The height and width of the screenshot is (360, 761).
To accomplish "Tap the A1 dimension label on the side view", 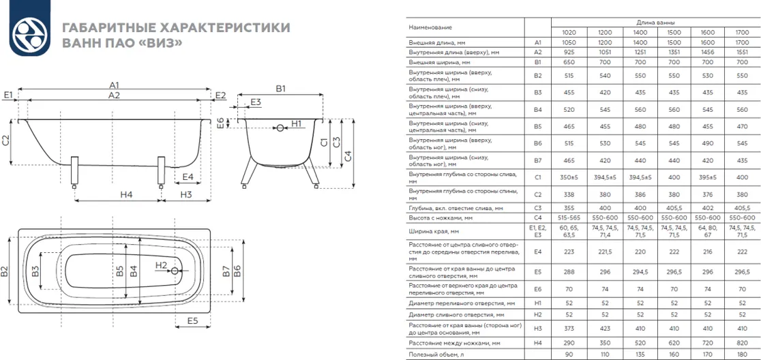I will click(x=114, y=85).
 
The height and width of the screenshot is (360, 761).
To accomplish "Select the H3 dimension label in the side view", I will click(x=186, y=195).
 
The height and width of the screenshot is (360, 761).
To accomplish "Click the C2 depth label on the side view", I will click(x=6, y=141).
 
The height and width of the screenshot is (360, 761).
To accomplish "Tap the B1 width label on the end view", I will click(x=280, y=89).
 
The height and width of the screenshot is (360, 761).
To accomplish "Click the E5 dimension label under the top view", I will click(x=192, y=320).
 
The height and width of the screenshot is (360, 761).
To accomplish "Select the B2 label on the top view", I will click(x=5, y=272).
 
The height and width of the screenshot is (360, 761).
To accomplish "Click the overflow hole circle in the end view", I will click(x=278, y=127).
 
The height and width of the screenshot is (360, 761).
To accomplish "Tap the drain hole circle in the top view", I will click(x=176, y=271).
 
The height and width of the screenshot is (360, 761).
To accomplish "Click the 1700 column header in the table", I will click(x=741, y=33).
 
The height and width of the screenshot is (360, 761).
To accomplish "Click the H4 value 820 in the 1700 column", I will click(x=741, y=343).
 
